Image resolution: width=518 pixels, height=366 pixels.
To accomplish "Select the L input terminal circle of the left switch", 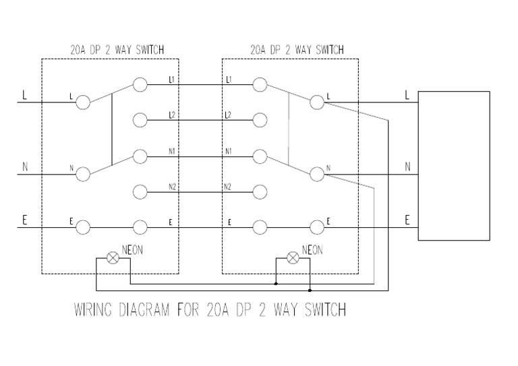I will [83, 102].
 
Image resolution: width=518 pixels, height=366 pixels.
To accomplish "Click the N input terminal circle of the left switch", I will [83, 174].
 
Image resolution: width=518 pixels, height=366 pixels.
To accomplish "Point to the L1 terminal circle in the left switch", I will [140, 85].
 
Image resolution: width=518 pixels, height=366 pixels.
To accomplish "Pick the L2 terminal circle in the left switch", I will [140, 121].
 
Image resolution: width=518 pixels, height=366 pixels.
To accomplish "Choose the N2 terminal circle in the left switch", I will [140, 191].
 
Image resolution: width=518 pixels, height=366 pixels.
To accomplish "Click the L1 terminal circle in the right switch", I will [260, 85].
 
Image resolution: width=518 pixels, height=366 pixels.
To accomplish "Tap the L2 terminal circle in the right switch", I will [260, 121].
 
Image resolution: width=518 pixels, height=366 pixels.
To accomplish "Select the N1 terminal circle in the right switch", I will [260, 156].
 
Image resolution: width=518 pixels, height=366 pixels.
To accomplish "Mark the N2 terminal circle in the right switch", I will [260, 191].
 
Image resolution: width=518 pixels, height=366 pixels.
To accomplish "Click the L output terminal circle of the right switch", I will [316, 102].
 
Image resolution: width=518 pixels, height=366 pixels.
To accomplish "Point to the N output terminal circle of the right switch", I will [316, 174].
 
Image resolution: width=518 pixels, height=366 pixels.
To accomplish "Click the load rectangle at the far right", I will [453, 166].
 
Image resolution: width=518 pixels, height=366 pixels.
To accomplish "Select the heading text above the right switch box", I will [297, 49].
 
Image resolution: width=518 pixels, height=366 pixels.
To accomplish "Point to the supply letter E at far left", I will [25, 220].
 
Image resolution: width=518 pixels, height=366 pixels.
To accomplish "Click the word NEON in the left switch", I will [132, 249].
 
